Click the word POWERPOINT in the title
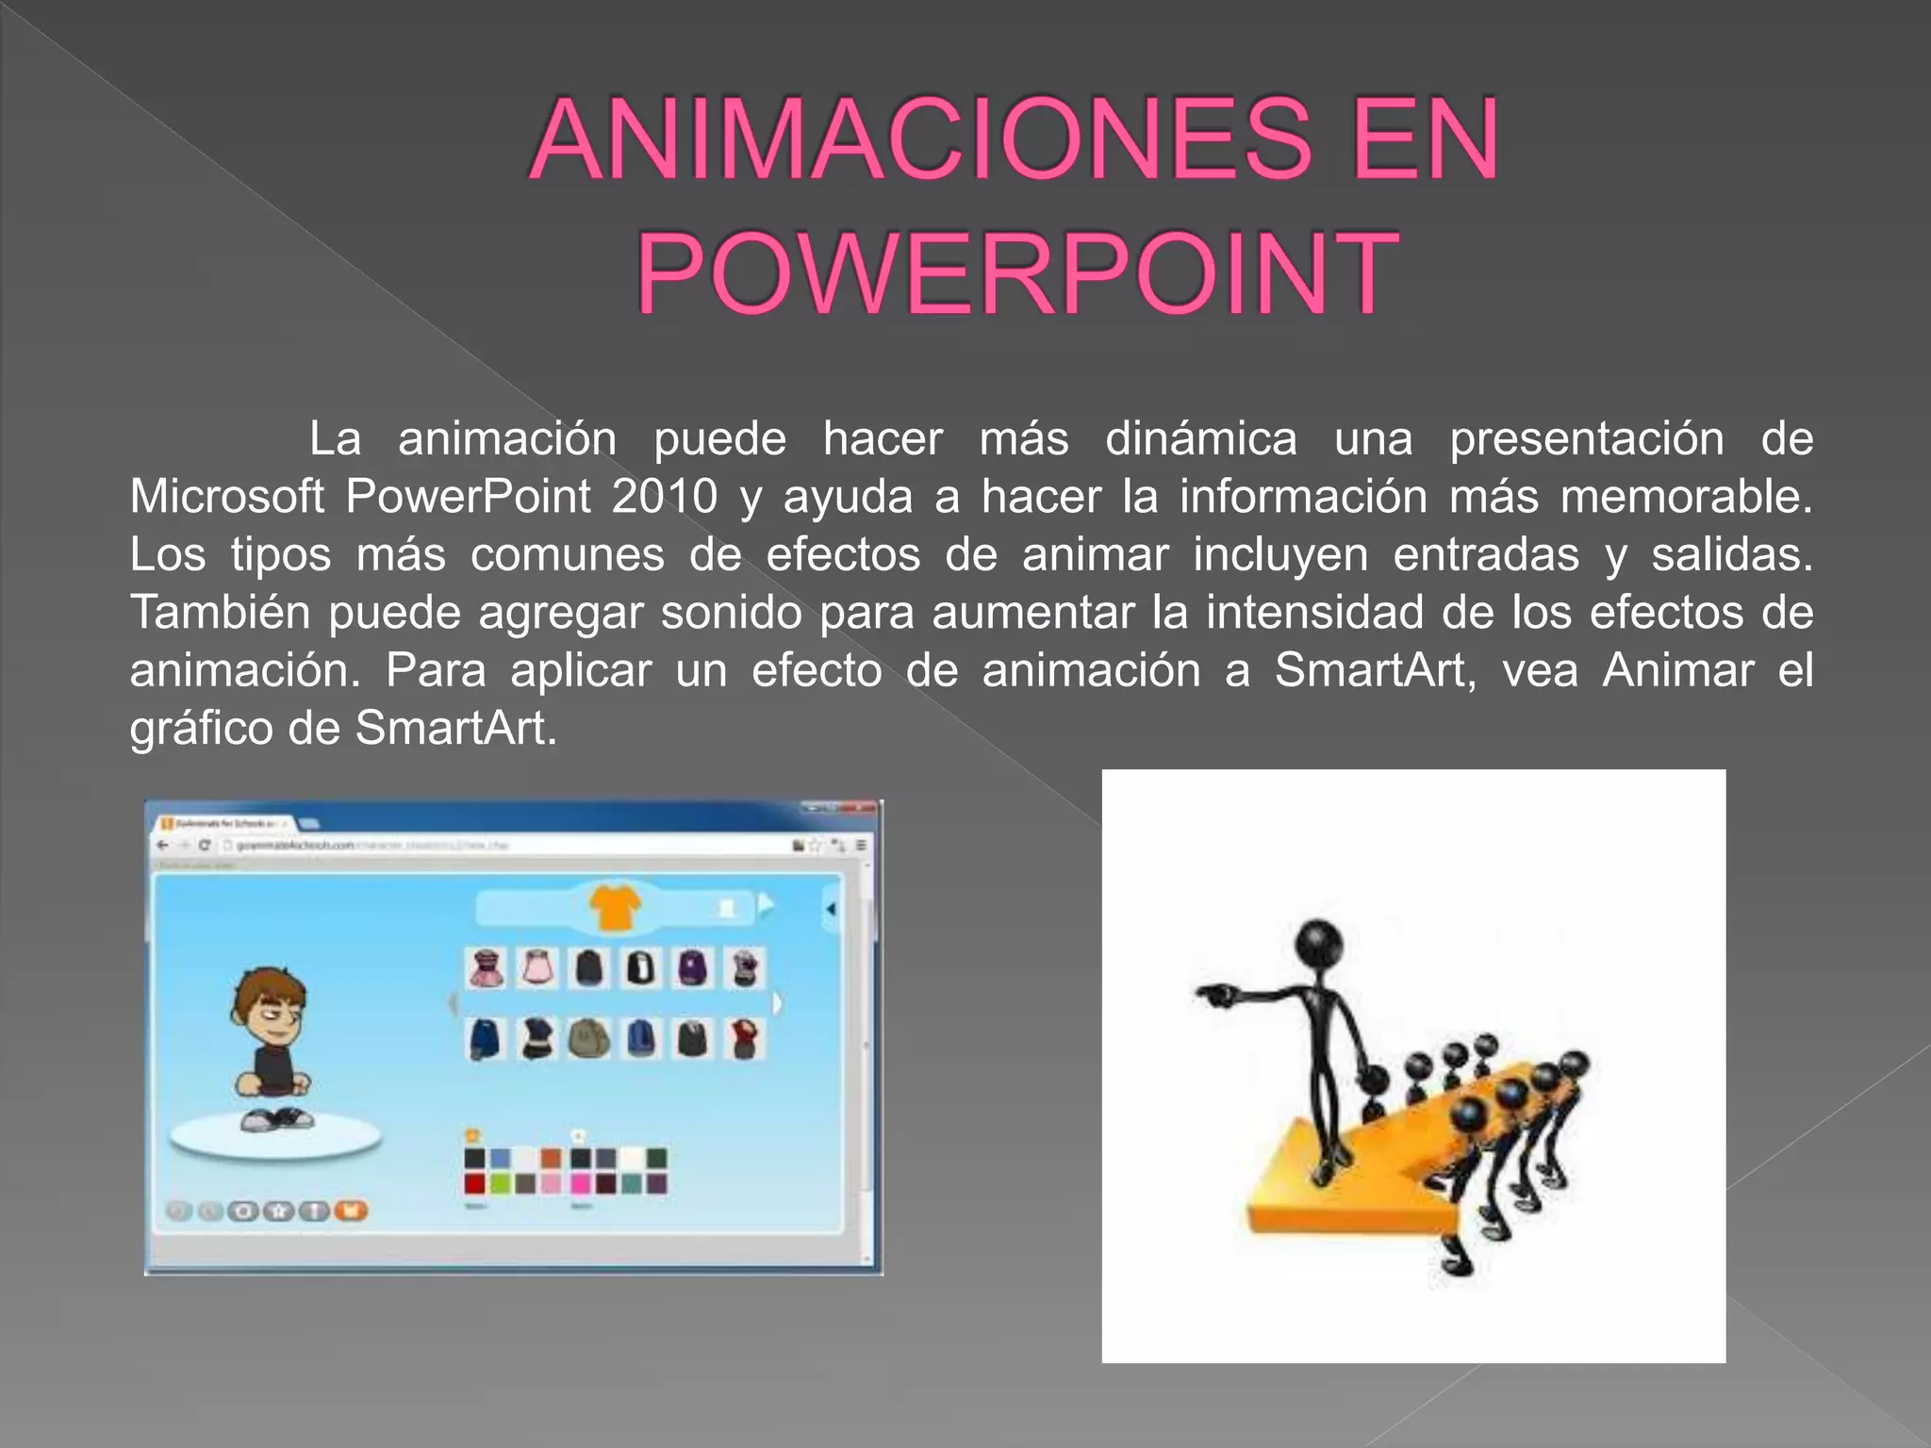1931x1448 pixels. coord(1015,273)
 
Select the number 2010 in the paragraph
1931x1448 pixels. coord(664,497)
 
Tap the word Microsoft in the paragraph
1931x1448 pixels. coord(226,497)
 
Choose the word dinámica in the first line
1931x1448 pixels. coord(1200,439)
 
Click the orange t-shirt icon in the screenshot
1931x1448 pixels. coord(614,907)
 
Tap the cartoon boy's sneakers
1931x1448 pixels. coord(276,1119)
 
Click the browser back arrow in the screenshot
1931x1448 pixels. coord(163,845)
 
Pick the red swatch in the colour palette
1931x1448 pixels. coord(475,1183)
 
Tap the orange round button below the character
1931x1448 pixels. coord(351,1210)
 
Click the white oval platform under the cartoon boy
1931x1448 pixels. coord(275,1140)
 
